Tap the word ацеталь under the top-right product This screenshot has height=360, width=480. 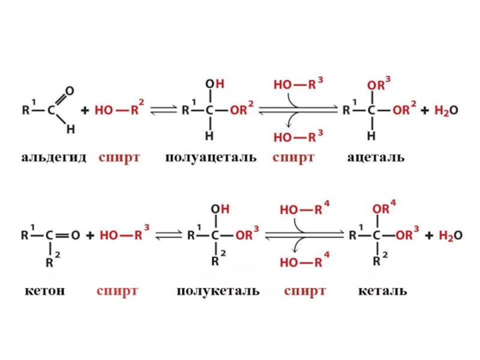pos(376,158)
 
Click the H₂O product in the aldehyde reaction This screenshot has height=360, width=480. pos(446,111)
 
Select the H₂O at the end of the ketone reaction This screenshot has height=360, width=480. pos(449,236)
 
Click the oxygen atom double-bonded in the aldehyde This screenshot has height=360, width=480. pos(70,91)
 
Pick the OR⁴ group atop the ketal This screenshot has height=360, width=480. pos(384,209)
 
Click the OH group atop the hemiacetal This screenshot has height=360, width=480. pos(214,85)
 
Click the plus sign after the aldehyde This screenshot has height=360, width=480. pos(85,111)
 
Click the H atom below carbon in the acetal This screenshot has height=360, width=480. pos(371,136)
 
